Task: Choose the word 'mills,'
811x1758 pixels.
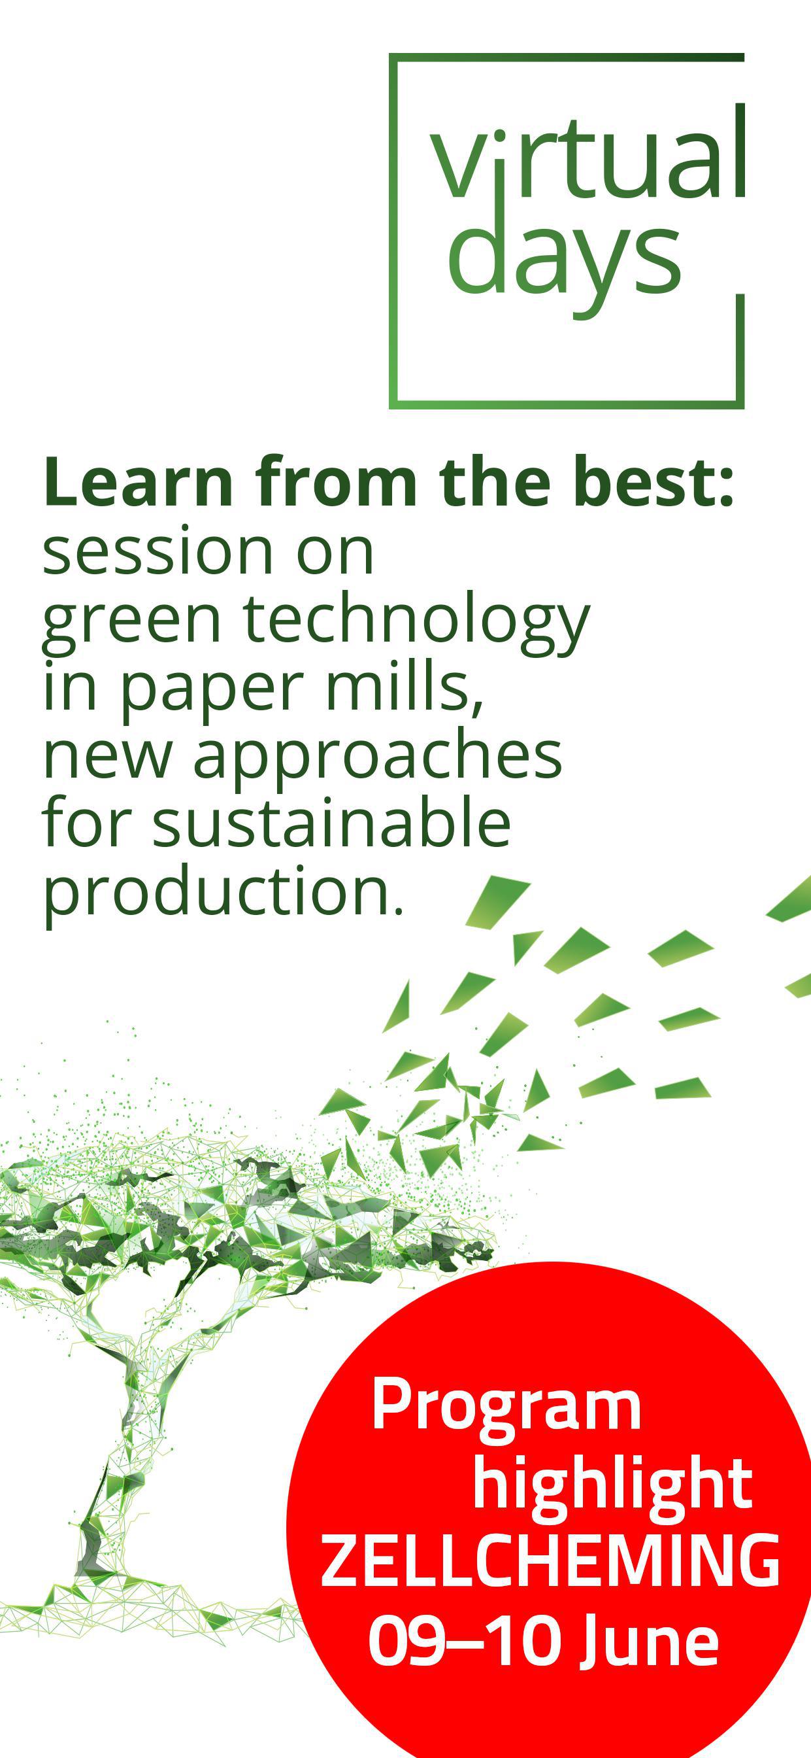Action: [405, 685]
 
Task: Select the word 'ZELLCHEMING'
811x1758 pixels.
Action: [550, 1559]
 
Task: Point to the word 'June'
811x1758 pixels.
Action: [649, 1638]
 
